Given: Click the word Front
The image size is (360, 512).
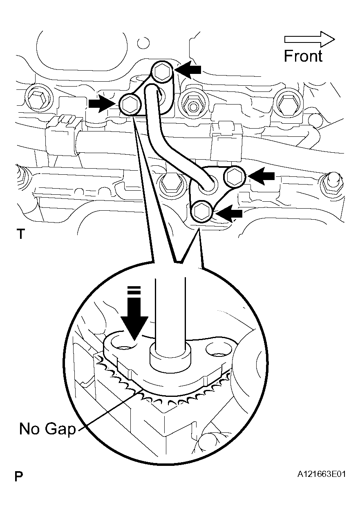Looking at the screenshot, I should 303,56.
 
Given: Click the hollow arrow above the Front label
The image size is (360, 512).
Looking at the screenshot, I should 309,39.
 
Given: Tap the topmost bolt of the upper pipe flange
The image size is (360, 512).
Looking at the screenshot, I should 163,72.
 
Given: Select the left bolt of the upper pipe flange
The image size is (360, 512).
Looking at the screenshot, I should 130,105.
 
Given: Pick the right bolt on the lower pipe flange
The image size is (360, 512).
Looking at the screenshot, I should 234,176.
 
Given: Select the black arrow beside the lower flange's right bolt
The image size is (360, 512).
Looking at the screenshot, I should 262,176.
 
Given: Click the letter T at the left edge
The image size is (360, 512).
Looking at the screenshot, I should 20,234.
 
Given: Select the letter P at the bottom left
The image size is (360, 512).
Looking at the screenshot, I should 18,476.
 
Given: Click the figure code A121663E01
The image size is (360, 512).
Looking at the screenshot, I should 322,474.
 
